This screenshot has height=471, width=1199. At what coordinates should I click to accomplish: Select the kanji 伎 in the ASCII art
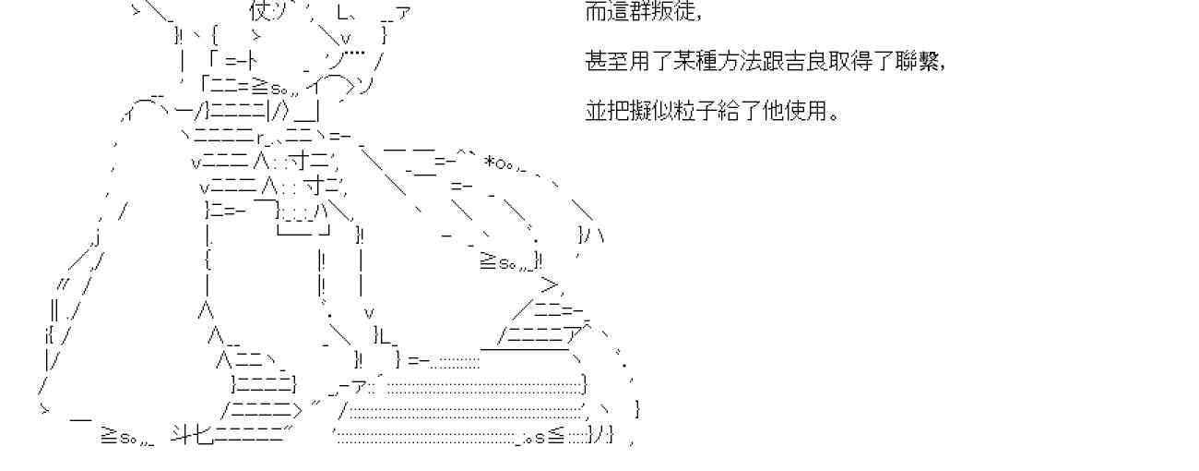point(258,12)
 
